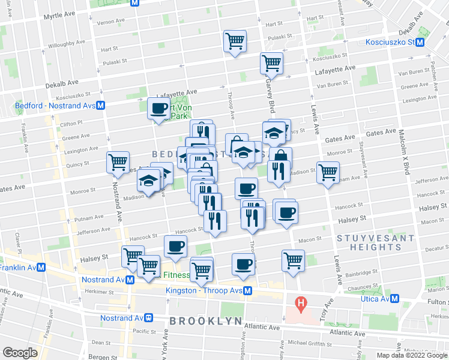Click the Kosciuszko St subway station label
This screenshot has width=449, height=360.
[390, 42]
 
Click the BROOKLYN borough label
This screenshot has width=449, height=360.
[205, 321]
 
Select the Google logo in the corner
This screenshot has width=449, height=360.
[20, 353]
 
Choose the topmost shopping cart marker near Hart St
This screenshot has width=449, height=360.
[235, 41]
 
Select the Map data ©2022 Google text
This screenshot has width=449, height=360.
[411, 355]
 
